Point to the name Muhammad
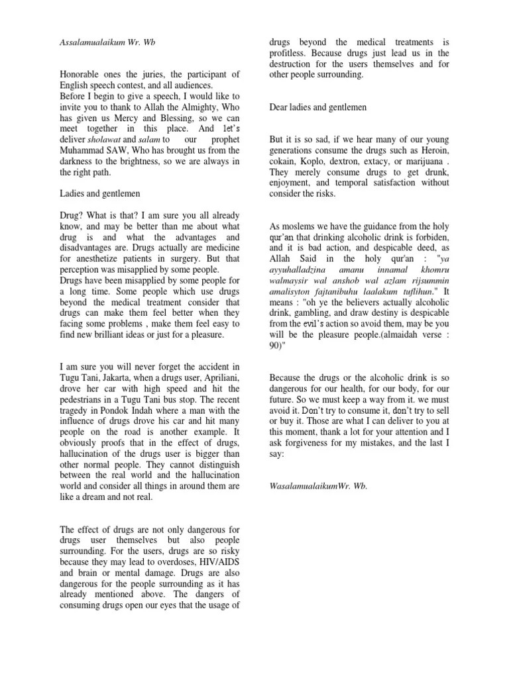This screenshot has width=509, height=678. pos(84,152)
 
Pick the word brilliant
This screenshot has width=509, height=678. pos(120,335)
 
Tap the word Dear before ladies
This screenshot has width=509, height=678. pos(280,107)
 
